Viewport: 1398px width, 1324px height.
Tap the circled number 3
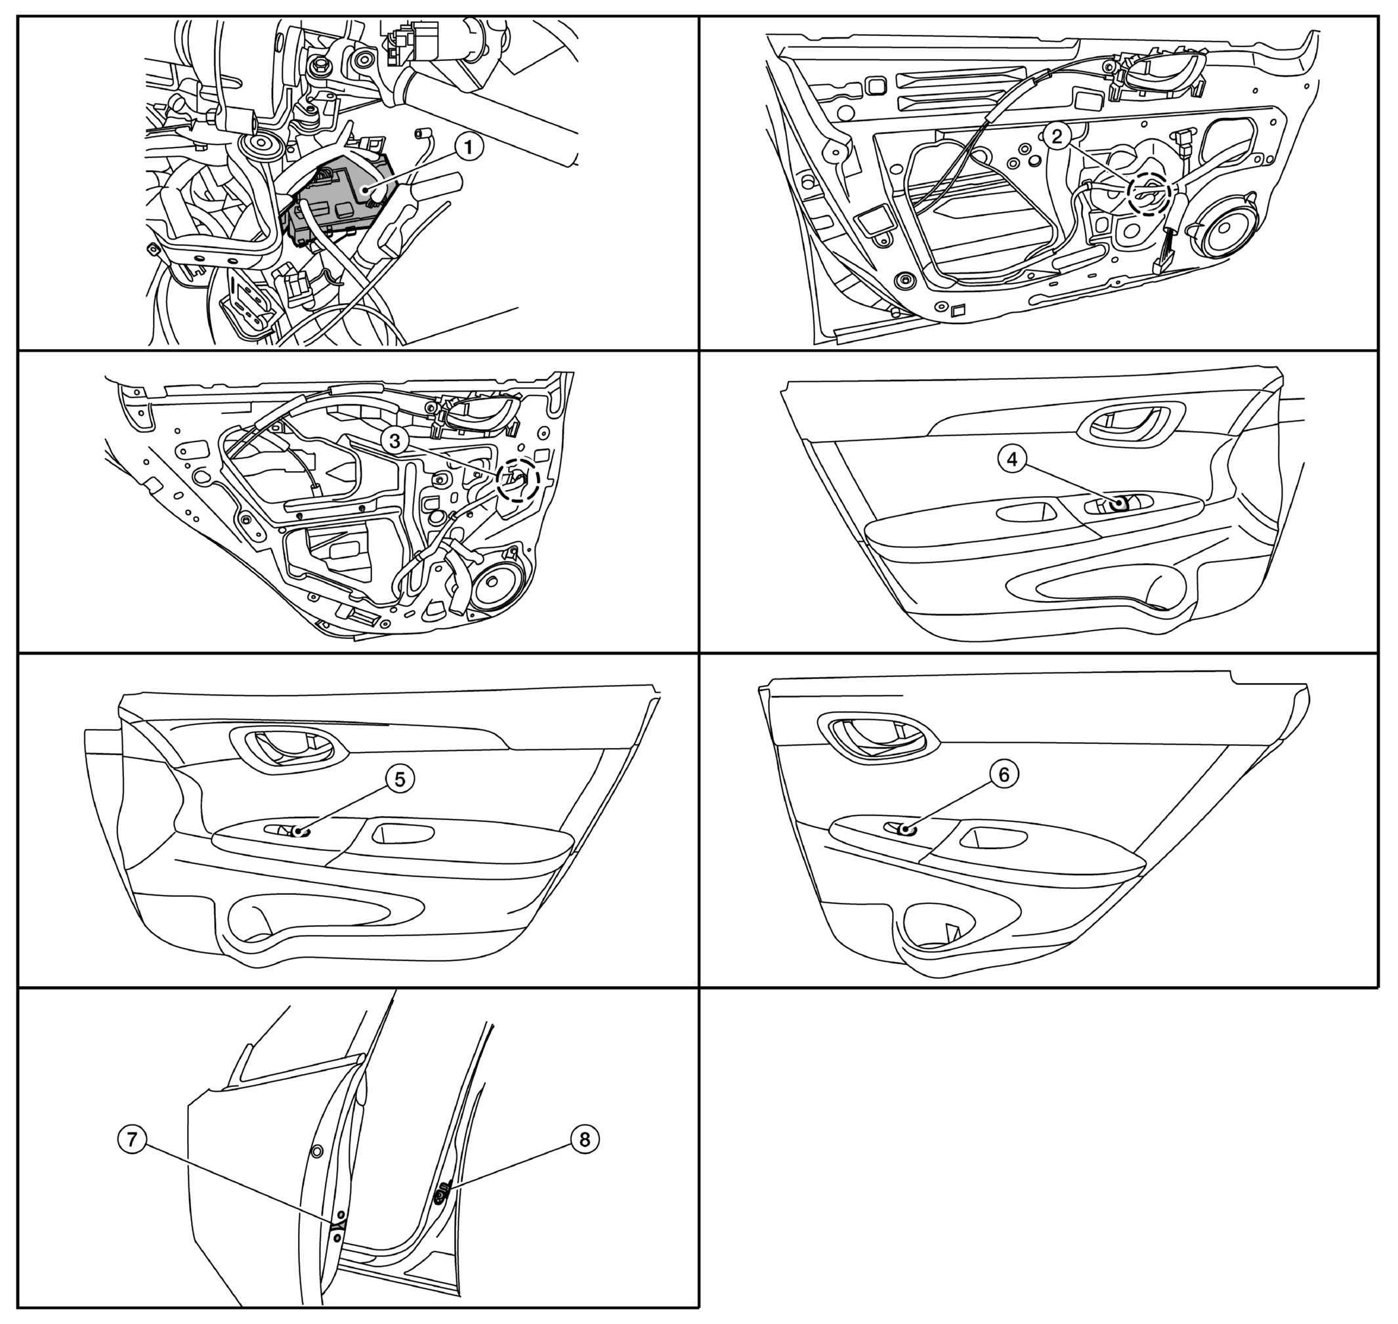click(x=394, y=441)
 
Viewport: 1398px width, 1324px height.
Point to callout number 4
click(x=1012, y=459)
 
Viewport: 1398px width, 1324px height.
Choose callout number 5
click(x=400, y=779)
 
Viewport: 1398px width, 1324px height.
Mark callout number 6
click(x=1004, y=774)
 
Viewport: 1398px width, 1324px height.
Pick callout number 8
click(x=585, y=1138)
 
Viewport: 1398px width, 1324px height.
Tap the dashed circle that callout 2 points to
click(x=1149, y=194)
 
